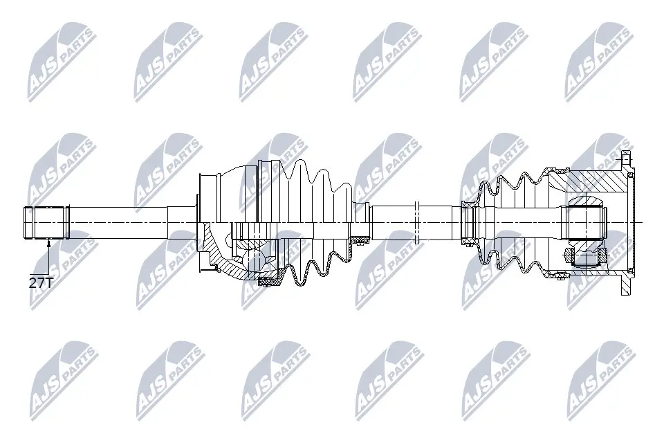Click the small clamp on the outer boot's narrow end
[x=359, y=239]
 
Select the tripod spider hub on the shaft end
[x=587, y=221]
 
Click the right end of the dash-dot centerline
[x=642, y=222]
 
